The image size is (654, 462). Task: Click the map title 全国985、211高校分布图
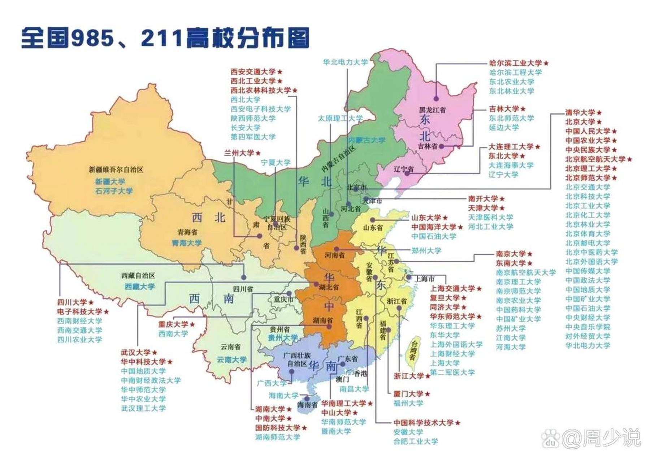[x=165, y=38]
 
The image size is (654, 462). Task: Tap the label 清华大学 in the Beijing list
[x=580, y=113]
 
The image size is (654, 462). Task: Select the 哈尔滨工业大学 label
[x=515, y=63]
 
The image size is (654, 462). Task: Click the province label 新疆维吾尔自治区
[x=116, y=169]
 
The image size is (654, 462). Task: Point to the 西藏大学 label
[x=139, y=287]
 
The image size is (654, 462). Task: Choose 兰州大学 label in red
[x=239, y=153]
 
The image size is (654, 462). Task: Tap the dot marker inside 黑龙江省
[x=436, y=98]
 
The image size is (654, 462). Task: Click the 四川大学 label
[x=72, y=302]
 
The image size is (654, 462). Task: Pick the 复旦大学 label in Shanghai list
[x=445, y=298]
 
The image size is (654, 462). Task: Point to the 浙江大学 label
[x=409, y=376]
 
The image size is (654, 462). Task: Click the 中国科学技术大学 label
[x=423, y=423]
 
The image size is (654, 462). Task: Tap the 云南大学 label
[x=231, y=359]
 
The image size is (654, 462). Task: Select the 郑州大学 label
[x=426, y=250]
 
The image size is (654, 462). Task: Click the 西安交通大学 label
[x=253, y=72]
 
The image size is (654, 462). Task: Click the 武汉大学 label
[x=136, y=352]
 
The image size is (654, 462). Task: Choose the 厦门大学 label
[x=408, y=394]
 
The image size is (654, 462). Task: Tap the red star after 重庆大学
[x=192, y=324]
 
